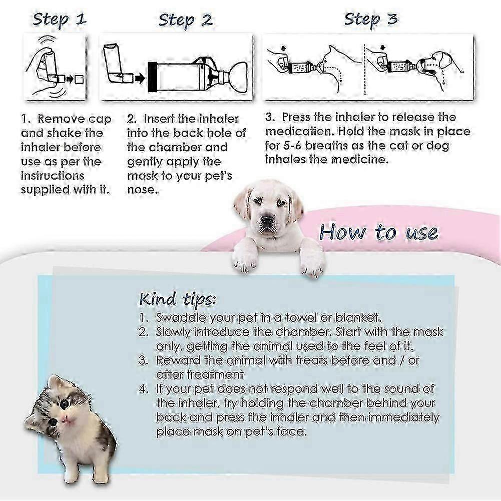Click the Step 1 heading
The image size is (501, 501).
click(59, 20)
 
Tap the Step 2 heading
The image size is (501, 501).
click(185, 21)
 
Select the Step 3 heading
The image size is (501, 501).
click(370, 19)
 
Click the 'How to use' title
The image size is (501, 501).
click(378, 232)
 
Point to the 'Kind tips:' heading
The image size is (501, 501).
click(177, 300)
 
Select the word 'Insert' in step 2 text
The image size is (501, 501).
click(160, 119)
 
